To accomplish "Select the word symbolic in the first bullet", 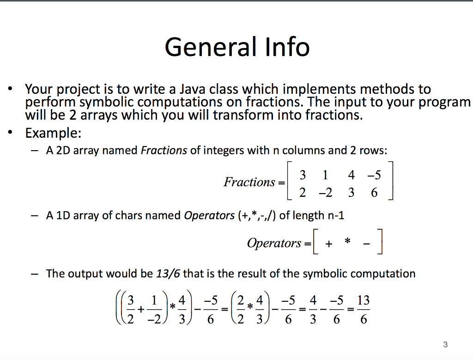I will pos(109,102).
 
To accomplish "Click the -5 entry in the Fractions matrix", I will pos(374,175).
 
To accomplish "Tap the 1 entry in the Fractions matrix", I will pos(326,175).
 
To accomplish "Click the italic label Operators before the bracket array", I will pos(274,243).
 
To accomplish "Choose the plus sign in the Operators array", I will pos(328,244).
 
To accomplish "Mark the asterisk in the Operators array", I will pos(348,243).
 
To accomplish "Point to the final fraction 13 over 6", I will pos(364,309).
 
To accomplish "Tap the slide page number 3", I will pos(445,344).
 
